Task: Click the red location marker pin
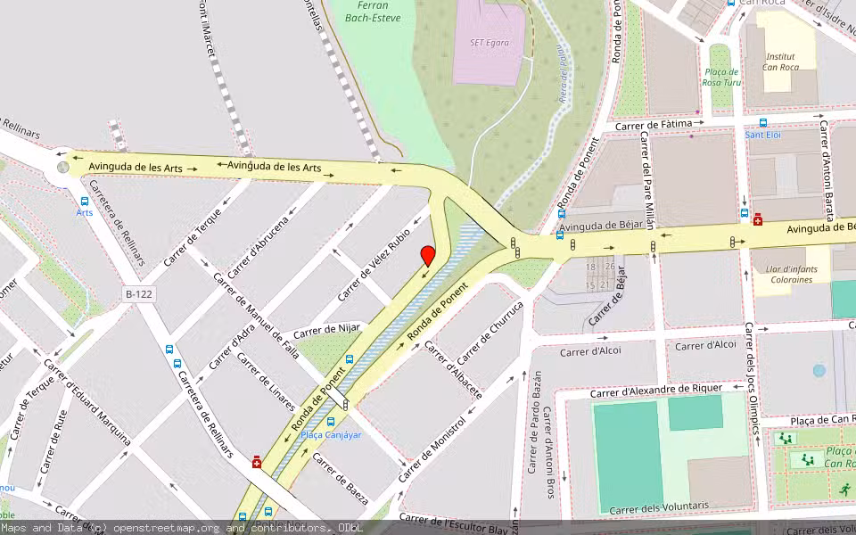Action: [428, 255]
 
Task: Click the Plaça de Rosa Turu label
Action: [721, 77]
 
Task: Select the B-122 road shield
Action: [139, 293]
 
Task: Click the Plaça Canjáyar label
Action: [331, 435]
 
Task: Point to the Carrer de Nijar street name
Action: [326, 330]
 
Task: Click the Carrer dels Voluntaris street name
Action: [659, 506]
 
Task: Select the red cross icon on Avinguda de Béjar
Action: [758, 218]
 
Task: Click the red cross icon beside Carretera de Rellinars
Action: [257, 461]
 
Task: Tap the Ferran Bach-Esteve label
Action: [372, 12]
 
